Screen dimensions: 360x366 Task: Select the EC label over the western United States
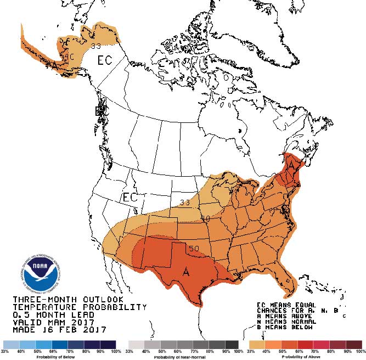click(x=130, y=197)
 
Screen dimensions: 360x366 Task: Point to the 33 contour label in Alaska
click(x=96, y=46)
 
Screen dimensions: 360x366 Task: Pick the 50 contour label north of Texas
click(x=194, y=249)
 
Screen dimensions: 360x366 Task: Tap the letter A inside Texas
click(x=186, y=272)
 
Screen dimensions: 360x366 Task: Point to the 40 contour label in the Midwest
click(x=205, y=218)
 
